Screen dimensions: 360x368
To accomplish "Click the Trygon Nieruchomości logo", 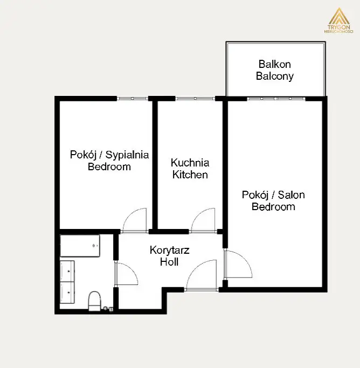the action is (x=338, y=20).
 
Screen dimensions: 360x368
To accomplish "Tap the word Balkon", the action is (x=274, y=64).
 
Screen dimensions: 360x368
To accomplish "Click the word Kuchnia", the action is (x=190, y=163).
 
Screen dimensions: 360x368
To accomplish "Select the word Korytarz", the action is (x=169, y=250).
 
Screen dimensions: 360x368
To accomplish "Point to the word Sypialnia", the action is (x=127, y=155).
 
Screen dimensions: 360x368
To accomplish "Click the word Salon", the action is (x=291, y=195).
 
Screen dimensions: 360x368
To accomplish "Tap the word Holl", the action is (x=169, y=262).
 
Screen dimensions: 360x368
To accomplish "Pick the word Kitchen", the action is (x=190, y=175).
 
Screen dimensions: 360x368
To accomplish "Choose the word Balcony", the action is (x=274, y=77).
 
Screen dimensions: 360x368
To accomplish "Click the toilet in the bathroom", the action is (x=94, y=301).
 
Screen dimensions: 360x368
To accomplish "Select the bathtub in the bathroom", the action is (x=80, y=246).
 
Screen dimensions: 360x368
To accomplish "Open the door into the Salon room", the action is (x=238, y=264).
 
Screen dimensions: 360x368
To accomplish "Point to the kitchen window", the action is (x=195, y=99).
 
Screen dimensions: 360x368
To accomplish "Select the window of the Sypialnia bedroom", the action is (x=133, y=99).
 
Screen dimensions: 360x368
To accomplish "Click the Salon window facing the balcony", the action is (x=276, y=99).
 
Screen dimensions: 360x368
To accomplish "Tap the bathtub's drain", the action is (x=94, y=246).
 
